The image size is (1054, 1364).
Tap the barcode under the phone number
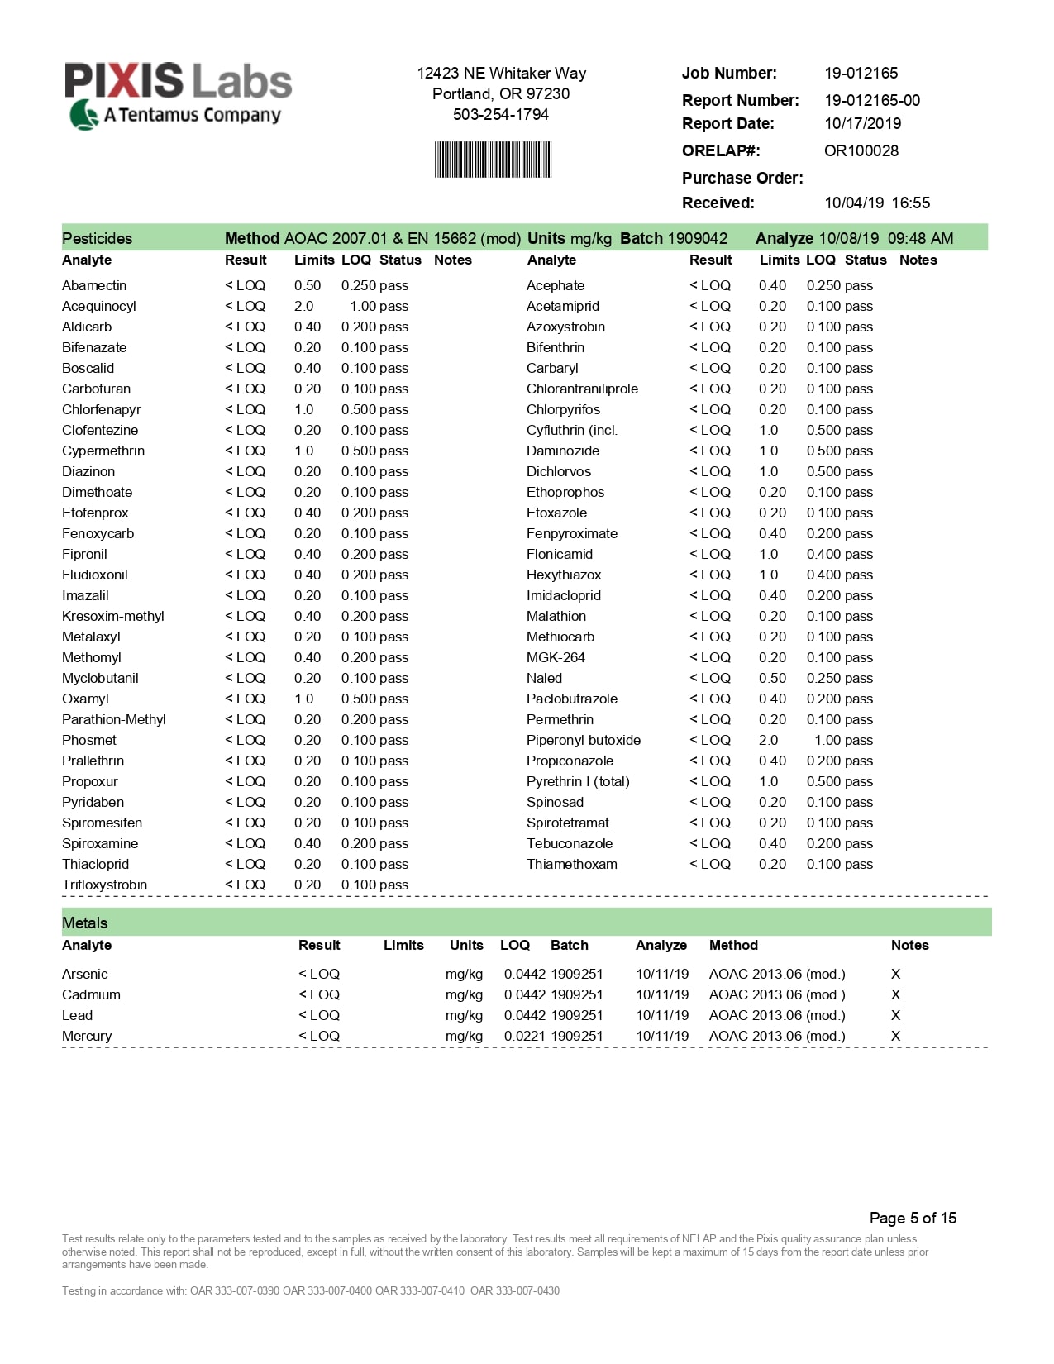pos(493,160)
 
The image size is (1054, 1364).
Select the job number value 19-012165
pos(861,73)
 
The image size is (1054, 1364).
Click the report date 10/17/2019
pos(862,123)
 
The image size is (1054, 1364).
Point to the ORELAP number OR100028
pos(861,150)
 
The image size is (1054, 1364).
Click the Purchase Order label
pos(742,178)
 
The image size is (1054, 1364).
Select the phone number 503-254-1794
pos(500,114)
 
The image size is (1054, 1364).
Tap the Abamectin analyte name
pos(94,285)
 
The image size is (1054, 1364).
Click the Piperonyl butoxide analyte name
pos(583,740)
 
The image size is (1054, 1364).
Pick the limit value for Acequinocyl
pos(303,306)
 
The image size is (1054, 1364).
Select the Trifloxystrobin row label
pos(104,885)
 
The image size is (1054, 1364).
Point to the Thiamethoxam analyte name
pos(571,864)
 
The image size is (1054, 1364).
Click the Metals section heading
pos(84,923)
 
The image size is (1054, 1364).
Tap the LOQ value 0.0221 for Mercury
pos(524,1036)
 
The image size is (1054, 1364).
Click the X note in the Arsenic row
pos(895,974)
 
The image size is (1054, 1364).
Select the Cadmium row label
pos(91,994)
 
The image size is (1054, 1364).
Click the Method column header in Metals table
pos(732,945)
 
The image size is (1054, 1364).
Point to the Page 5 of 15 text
pos(913,1218)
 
